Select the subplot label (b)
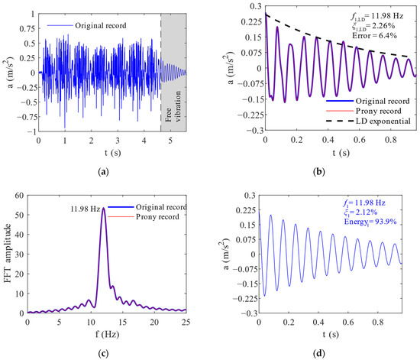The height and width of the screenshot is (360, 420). [x=316, y=173]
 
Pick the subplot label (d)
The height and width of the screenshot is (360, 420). [x=316, y=352]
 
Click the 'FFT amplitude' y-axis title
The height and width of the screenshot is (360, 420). [x=7, y=256]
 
